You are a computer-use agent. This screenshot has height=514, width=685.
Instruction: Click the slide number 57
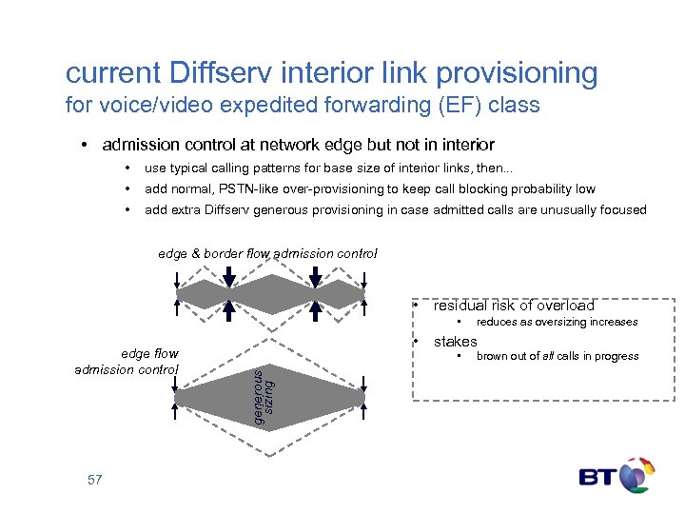coord(94,480)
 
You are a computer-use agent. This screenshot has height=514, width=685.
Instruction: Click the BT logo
coord(616,475)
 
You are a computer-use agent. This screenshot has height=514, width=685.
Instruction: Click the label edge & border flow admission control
coord(267,253)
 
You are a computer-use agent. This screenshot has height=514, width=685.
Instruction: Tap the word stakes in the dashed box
coord(455,342)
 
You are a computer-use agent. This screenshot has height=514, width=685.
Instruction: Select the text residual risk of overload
coord(514,306)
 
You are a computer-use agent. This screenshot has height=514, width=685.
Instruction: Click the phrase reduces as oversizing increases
coord(557,322)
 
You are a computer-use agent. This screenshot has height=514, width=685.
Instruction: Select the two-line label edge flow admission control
coord(127,362)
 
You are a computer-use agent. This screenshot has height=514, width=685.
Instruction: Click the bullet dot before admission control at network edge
coord(85,145)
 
